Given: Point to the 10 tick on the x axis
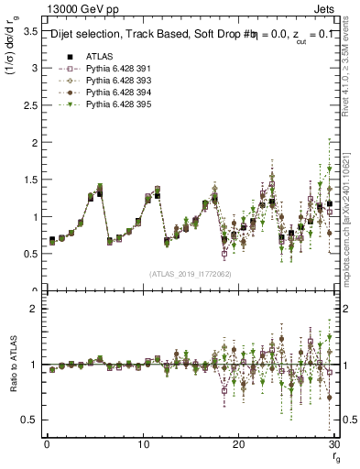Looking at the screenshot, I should [143, 444].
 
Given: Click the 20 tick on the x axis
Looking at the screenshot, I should [238, 444].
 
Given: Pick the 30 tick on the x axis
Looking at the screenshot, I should [334, 444].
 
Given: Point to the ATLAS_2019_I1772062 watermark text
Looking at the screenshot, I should [191, 273].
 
